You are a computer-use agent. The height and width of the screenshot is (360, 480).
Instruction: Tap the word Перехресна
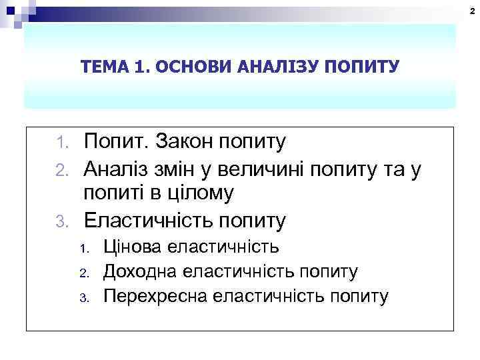[155, 296]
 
